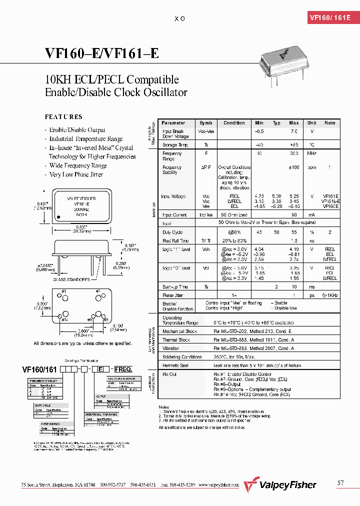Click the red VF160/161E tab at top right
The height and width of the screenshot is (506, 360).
tap(330, 17)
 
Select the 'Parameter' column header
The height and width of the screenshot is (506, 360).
tap(173, 122)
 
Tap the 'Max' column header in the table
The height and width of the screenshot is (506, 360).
tap(293, 122)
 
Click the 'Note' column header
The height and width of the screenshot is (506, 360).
tap(330, 122)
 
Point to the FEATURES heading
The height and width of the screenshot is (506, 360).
tap(63, 116)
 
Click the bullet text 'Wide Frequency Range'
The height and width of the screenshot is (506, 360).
tap(78, 165)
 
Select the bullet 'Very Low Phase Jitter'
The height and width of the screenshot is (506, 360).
tap(76, 174)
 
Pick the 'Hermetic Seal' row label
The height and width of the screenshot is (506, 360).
tap(175, 365)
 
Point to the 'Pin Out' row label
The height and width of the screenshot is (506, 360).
tap(170, 374)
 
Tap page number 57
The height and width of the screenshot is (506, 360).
tap(341, 482)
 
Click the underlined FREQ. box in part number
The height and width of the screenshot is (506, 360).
tap(123, 369)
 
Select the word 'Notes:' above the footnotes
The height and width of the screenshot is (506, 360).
tap(164, 407)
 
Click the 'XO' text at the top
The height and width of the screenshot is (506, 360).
tap(180, 18)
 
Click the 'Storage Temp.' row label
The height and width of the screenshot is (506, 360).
tap(175, 144)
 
